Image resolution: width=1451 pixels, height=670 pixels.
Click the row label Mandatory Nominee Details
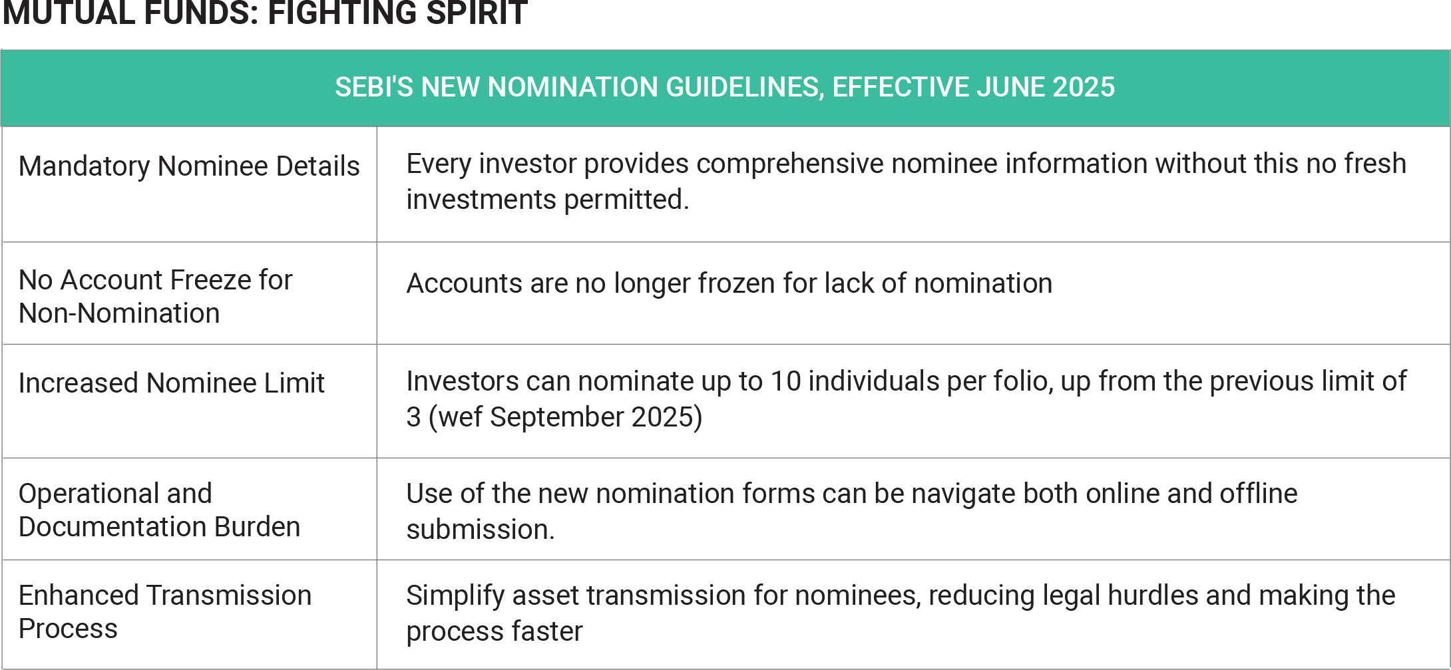[x=189, y=166]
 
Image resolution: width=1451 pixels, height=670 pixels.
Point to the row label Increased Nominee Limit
[x=172, y=383]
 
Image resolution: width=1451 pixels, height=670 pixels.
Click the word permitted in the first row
[x=626, y=200]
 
